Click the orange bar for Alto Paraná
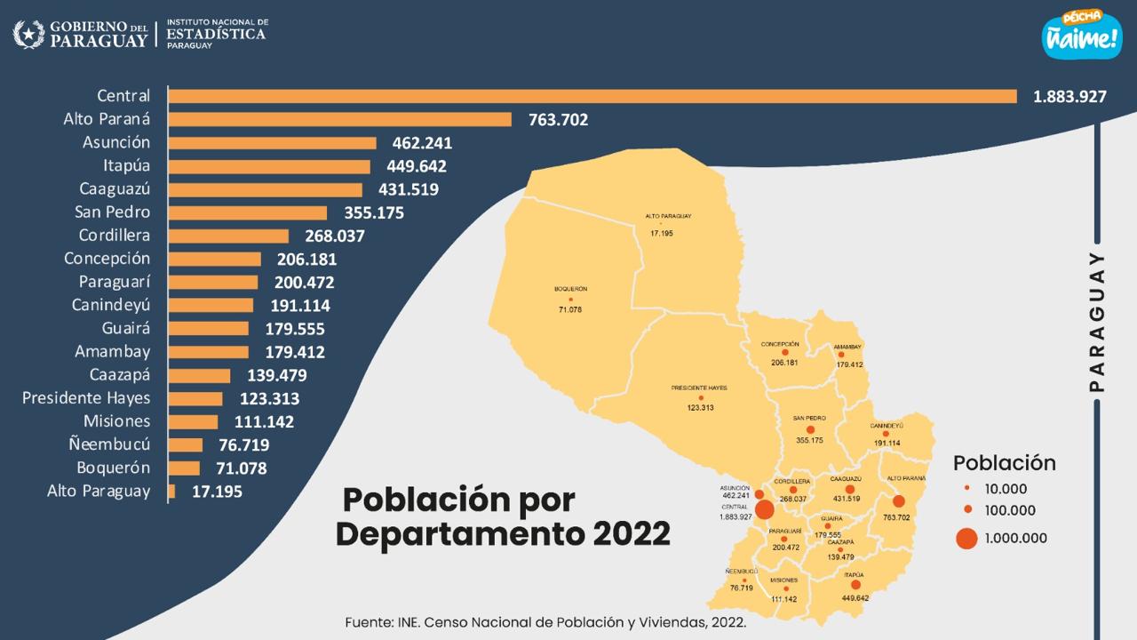(x=339, y=119)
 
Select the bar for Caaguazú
(x=265, y=189)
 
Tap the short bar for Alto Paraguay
(x=171, y=491)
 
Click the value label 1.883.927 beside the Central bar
(x=1069, y=96)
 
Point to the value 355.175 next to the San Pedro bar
(x=367, y=212)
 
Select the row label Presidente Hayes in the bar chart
(x=86, y=397)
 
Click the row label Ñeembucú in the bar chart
(x=109, y=444)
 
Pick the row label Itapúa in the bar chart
(x=126, y=165)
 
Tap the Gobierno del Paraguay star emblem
(x=28, y=35)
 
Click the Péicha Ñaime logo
(x=1081, y=35)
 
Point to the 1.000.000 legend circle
(x=966, y=538)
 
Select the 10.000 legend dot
(x=966, y=488)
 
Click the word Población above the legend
(x=1004, y=463)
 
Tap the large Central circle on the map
(x=763, y=510)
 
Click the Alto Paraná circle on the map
(x=899, y=501)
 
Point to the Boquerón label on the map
(x=570, y=289)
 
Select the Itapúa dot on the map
(x=855, y=585)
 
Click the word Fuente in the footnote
(x=369, y=622)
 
